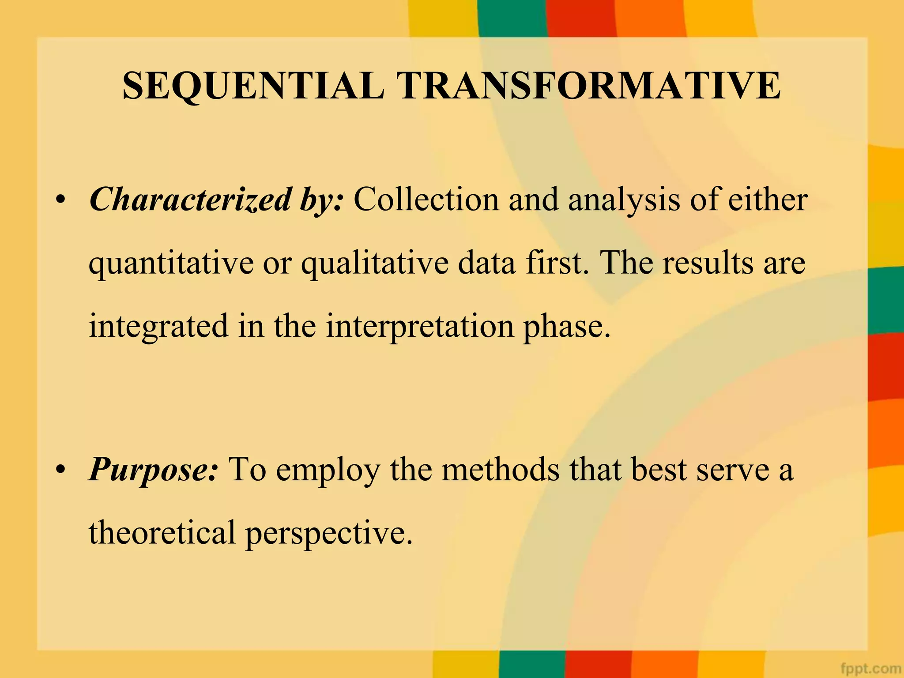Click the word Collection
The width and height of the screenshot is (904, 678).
(426, 200)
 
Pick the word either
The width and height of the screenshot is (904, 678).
(768, 200)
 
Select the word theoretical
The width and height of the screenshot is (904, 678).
(162, 533)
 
